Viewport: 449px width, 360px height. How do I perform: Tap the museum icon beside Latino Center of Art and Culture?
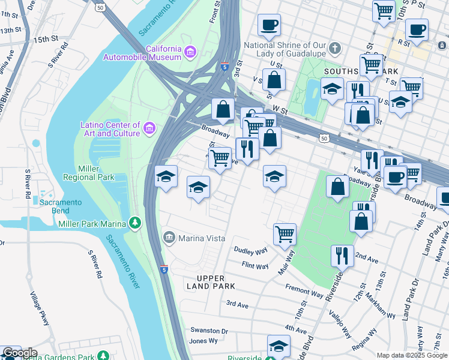click(149, 128)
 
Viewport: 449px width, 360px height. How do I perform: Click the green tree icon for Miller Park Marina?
click(136, 223)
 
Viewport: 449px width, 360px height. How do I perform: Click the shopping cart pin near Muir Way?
click(285, 234)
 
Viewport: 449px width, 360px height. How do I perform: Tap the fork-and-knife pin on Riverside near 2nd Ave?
click(342, 256)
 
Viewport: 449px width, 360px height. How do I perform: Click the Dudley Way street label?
click(250, 251)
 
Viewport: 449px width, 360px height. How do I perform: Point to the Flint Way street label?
click(255, 265)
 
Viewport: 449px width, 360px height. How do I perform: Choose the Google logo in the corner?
click(19, 353)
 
